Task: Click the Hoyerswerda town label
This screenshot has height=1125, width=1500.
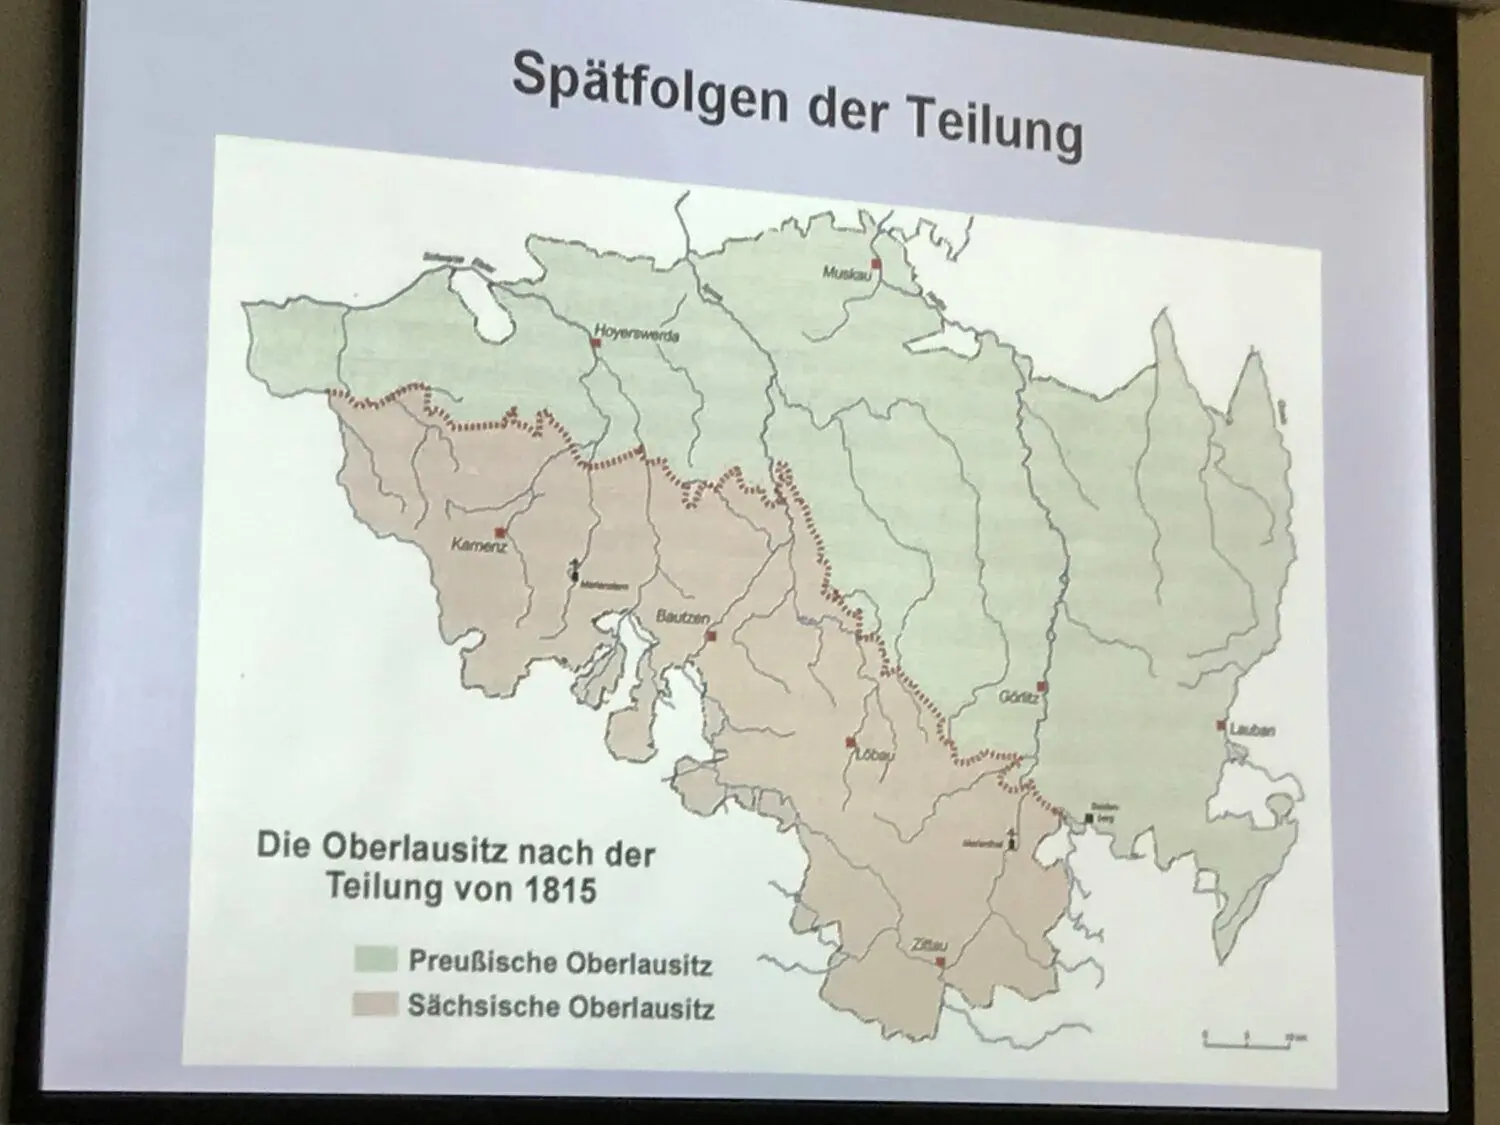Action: coord(636,332)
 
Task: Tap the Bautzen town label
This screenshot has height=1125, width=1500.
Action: coord(682,617)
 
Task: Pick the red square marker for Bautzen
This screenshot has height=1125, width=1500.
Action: coord(711,635)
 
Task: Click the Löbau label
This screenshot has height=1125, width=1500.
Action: coord(873,757)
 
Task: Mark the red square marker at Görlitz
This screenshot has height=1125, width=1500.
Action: coord(1041,687)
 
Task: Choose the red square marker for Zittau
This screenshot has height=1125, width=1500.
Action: coord(940,961)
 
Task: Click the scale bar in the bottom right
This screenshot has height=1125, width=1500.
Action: coord(1246,1044)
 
